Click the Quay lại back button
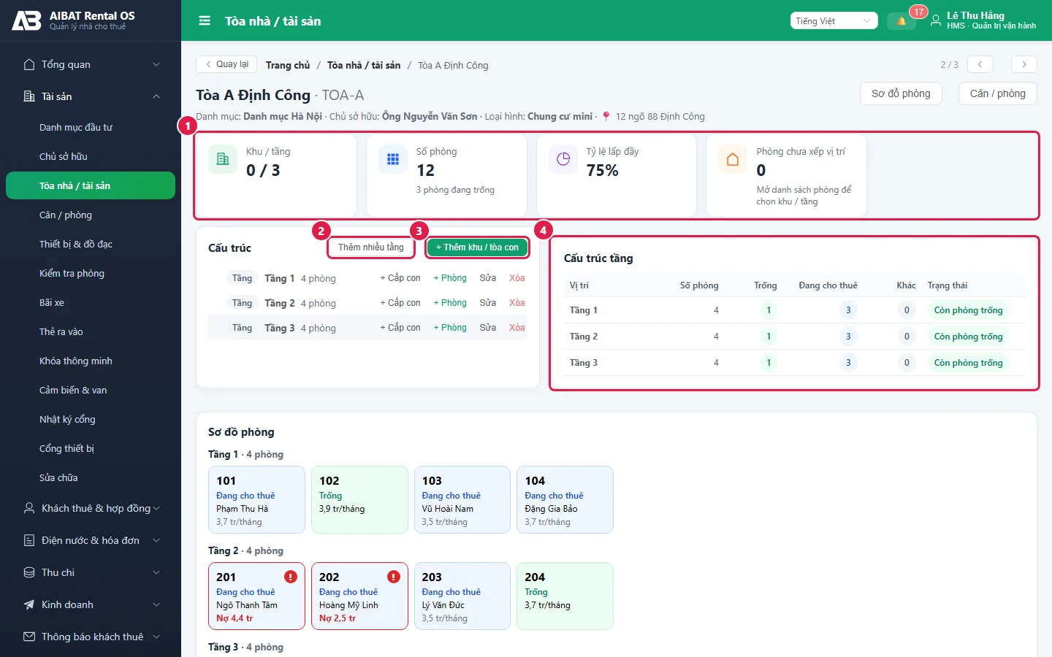pos(226,64)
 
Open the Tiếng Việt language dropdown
pos(834,21)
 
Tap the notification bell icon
pos(901,21)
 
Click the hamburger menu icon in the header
pos(205,21)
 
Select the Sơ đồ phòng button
pos(901,93)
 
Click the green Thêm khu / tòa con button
pos(477,247)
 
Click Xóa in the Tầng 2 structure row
pos(517,303)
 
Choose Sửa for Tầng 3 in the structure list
pos(487,328)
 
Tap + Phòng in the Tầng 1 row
pos(450,278)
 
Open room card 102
pos(359,499)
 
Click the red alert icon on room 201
pos(291,576)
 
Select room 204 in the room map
pos(565,596)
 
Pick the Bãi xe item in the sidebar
pos(52,303)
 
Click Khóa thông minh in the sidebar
pos(76,361)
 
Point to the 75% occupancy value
pos(602,170)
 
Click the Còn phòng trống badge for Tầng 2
pos(968,337)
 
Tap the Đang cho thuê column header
pos(828,285)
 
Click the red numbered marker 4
pos(543,231)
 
